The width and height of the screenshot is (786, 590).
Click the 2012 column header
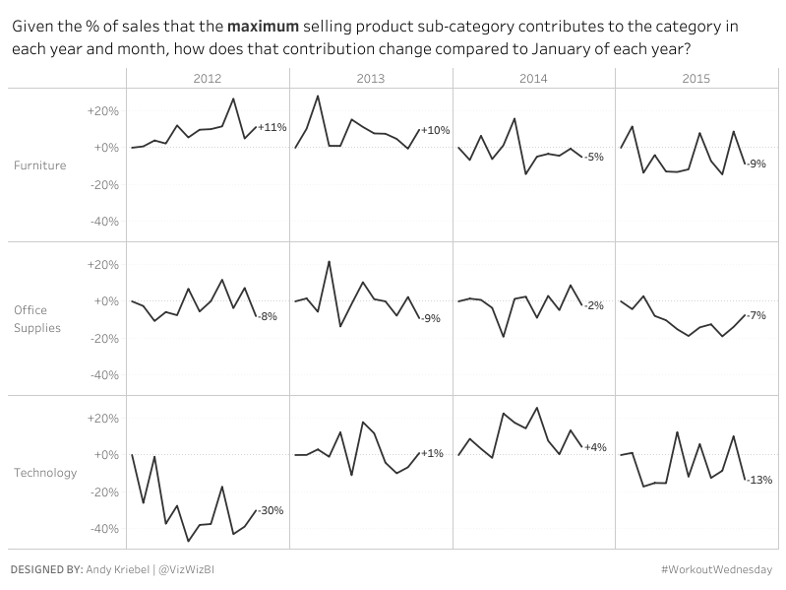tap(208, 77)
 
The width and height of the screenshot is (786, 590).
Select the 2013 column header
tap(370, 77)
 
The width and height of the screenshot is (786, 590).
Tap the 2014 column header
tap(532, 77)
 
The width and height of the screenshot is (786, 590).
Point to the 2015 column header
tap(695, 77)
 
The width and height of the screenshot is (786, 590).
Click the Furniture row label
tap(40, 165)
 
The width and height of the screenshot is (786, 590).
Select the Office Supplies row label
tap(37, 319)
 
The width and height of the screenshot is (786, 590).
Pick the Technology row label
tap(45, 473)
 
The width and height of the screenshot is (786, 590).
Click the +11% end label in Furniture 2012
tap(272, 127)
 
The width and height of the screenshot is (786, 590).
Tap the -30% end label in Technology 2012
tap(271, 510)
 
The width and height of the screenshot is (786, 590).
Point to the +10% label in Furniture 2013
tap(435, 130)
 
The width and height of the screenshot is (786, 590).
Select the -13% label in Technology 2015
tap(759, 480)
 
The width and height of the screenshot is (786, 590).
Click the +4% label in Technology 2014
tap(594, 447)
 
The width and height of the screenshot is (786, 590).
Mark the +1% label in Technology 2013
tap(432, 453)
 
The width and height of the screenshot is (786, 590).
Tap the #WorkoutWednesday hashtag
tap(717, 569)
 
